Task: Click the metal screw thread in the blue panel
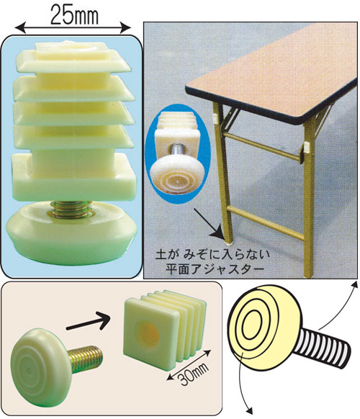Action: [x=70, y=209]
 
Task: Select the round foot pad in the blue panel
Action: [x=71, y=233]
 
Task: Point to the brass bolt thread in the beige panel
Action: [x=85, y=359]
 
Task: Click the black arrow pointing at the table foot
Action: [x=209, y=223]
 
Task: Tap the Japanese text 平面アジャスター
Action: [x=214, y=269]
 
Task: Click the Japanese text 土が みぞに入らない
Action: [x=212, y=255]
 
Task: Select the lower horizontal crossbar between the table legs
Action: [x=266, y=223]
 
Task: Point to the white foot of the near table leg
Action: [x=229, y=243]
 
